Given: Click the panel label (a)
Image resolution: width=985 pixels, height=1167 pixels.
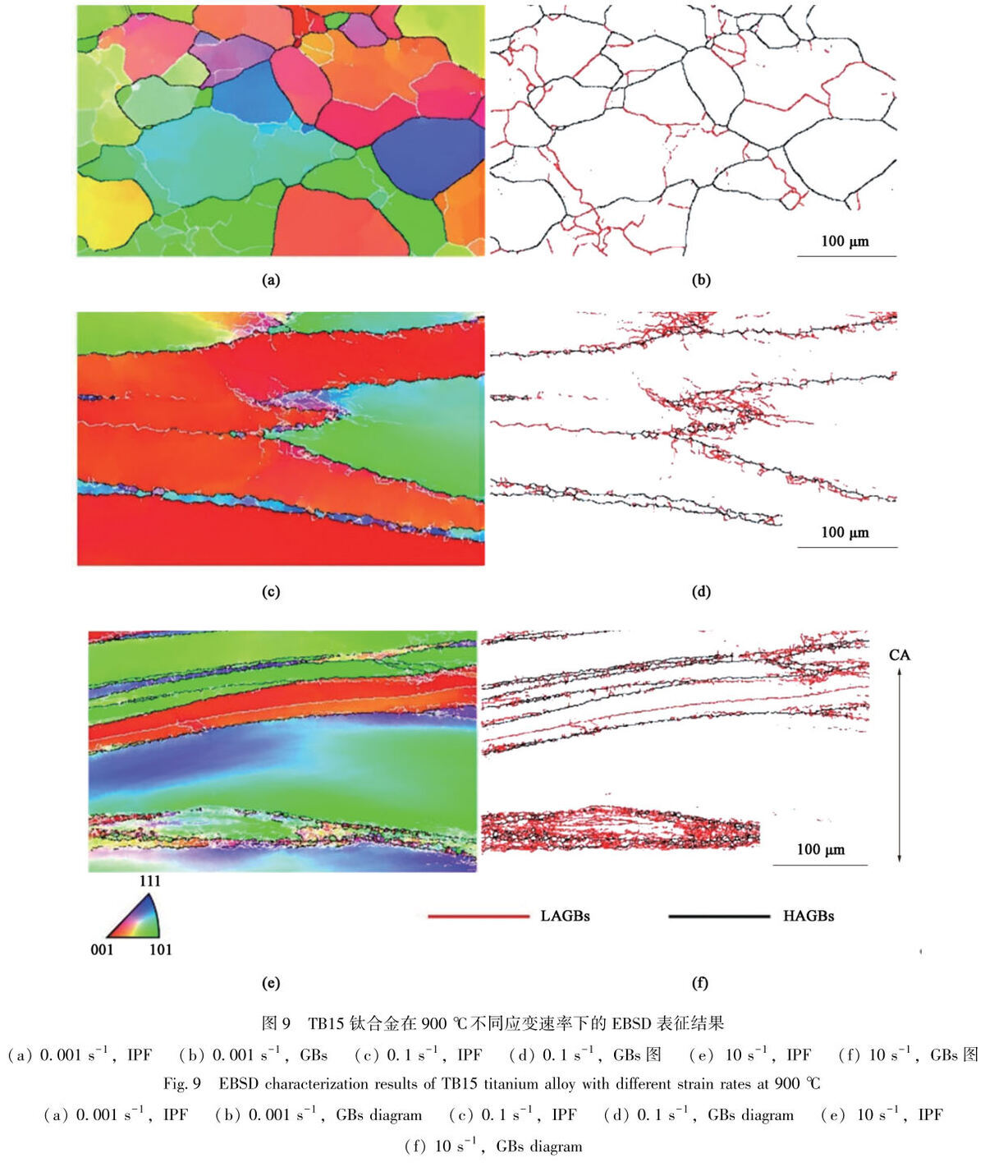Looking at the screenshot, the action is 271,280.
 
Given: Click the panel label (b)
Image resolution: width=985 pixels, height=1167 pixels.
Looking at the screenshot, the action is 701,280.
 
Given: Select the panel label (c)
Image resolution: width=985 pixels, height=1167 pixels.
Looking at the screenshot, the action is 271,591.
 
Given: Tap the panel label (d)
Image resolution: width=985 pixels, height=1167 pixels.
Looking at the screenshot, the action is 701,591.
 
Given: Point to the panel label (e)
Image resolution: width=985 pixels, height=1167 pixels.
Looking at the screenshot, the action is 271,982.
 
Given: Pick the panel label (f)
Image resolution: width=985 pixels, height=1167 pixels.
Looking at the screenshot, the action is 700,982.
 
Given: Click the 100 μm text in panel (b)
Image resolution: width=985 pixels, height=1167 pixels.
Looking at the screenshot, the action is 845,241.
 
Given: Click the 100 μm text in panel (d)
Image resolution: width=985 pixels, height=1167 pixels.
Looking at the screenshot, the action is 845,532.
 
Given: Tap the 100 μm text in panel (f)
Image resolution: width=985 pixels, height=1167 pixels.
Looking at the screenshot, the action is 821,849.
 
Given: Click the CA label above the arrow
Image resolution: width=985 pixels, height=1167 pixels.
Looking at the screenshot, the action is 900,655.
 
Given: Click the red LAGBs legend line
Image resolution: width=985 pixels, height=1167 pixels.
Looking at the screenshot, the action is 479,917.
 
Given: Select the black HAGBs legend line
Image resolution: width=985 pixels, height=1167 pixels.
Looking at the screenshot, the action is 719,917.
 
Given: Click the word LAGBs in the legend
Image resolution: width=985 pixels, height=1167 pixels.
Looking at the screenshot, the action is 565,916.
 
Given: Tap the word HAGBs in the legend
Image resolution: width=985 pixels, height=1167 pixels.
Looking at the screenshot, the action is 809,916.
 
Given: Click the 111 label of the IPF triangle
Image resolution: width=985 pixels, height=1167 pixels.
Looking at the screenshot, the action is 149,881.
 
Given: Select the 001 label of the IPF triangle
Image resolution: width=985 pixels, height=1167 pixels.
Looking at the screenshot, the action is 102,949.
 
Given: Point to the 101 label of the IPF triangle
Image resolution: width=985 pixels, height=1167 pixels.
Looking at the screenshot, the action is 160,949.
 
